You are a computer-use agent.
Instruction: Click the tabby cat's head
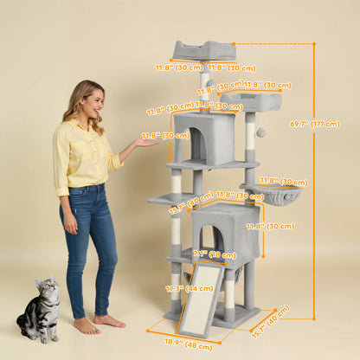tap(48, 288)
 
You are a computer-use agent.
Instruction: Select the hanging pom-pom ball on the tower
tap(260, 132)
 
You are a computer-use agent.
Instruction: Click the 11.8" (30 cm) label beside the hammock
tap(283, 182)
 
